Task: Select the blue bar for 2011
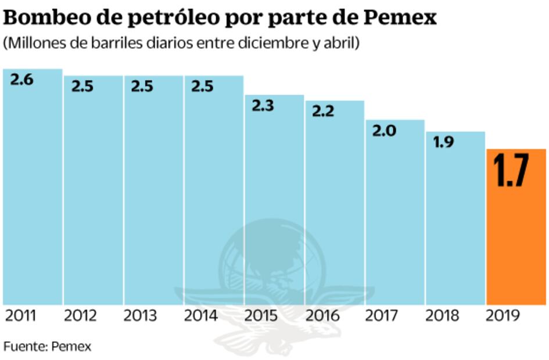click(x=33, y=192)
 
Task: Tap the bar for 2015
click(x=274, y=203)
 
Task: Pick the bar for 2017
click(x=394, y=215)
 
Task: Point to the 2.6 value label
click(x=22, y=80)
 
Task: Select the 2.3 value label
click(x=263, y=106)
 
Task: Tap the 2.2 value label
click(x=324, y=111)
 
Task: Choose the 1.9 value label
click(x=444, y=142)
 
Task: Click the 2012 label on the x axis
click(x=80, y=316)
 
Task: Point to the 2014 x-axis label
click(x=201, y=316)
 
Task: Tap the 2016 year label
click(x=322, y=316)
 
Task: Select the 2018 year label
click(x=442, y=316)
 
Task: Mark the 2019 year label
click(x=503, y=316)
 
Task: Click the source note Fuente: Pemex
click(x=48, y=347)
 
